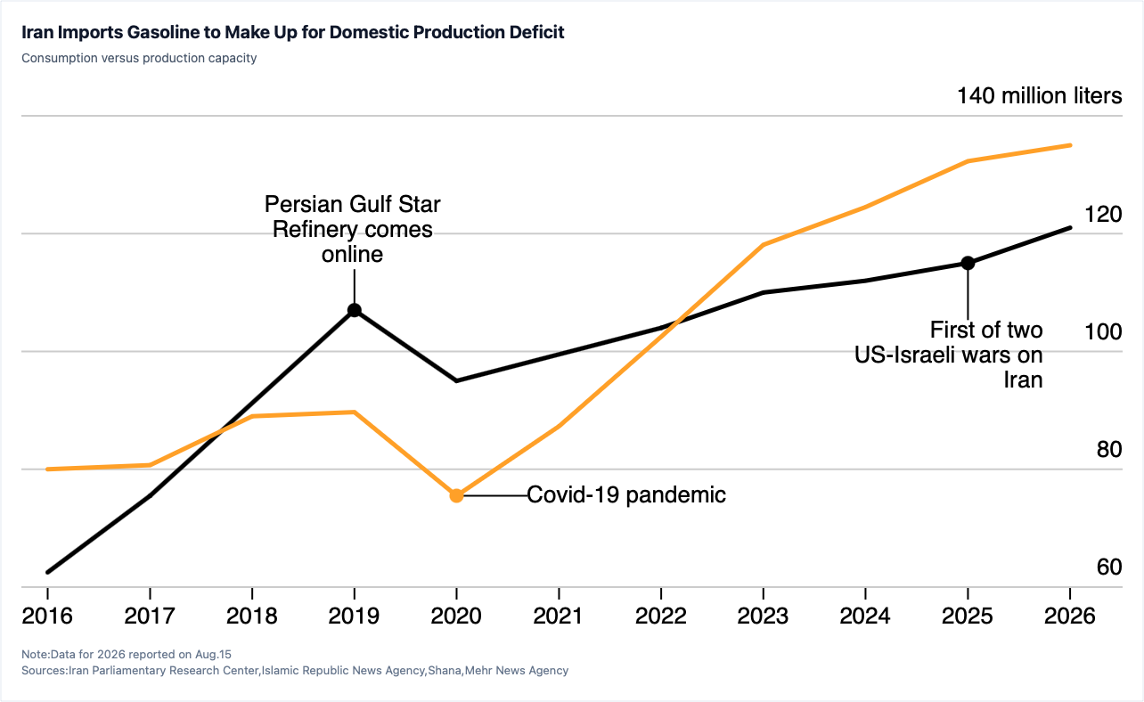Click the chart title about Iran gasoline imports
coord(292,32)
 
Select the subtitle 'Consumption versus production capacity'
coord(139,58)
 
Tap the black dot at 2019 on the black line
coord(355,310)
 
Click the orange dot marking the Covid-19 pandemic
coord(456,495)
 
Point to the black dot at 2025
coord(968,263)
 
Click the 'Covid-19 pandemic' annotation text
coord(626,494)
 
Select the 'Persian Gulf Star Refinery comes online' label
coord(353,229)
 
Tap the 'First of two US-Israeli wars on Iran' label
coord(948,355)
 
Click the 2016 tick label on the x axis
coord(47,616)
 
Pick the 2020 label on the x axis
coord(456,616)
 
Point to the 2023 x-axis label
coord(763,616)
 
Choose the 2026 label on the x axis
coord(1070,616)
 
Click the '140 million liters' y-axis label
coord(1039,96)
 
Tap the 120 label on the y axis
coord(1103,215)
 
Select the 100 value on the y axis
coord(1103,332)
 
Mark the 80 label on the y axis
coord(1109,450)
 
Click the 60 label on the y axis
coord(1109,567)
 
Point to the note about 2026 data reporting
coord(127,655)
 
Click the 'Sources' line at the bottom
coord(295,670)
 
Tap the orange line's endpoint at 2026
coord(1070,145)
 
